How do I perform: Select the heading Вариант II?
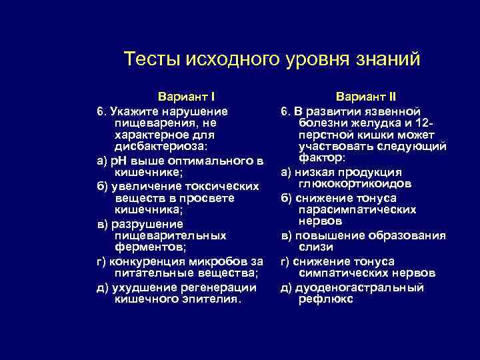tap(366, 97)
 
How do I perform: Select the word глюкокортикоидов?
tap(355, 184)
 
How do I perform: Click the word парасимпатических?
tap(358, 209)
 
